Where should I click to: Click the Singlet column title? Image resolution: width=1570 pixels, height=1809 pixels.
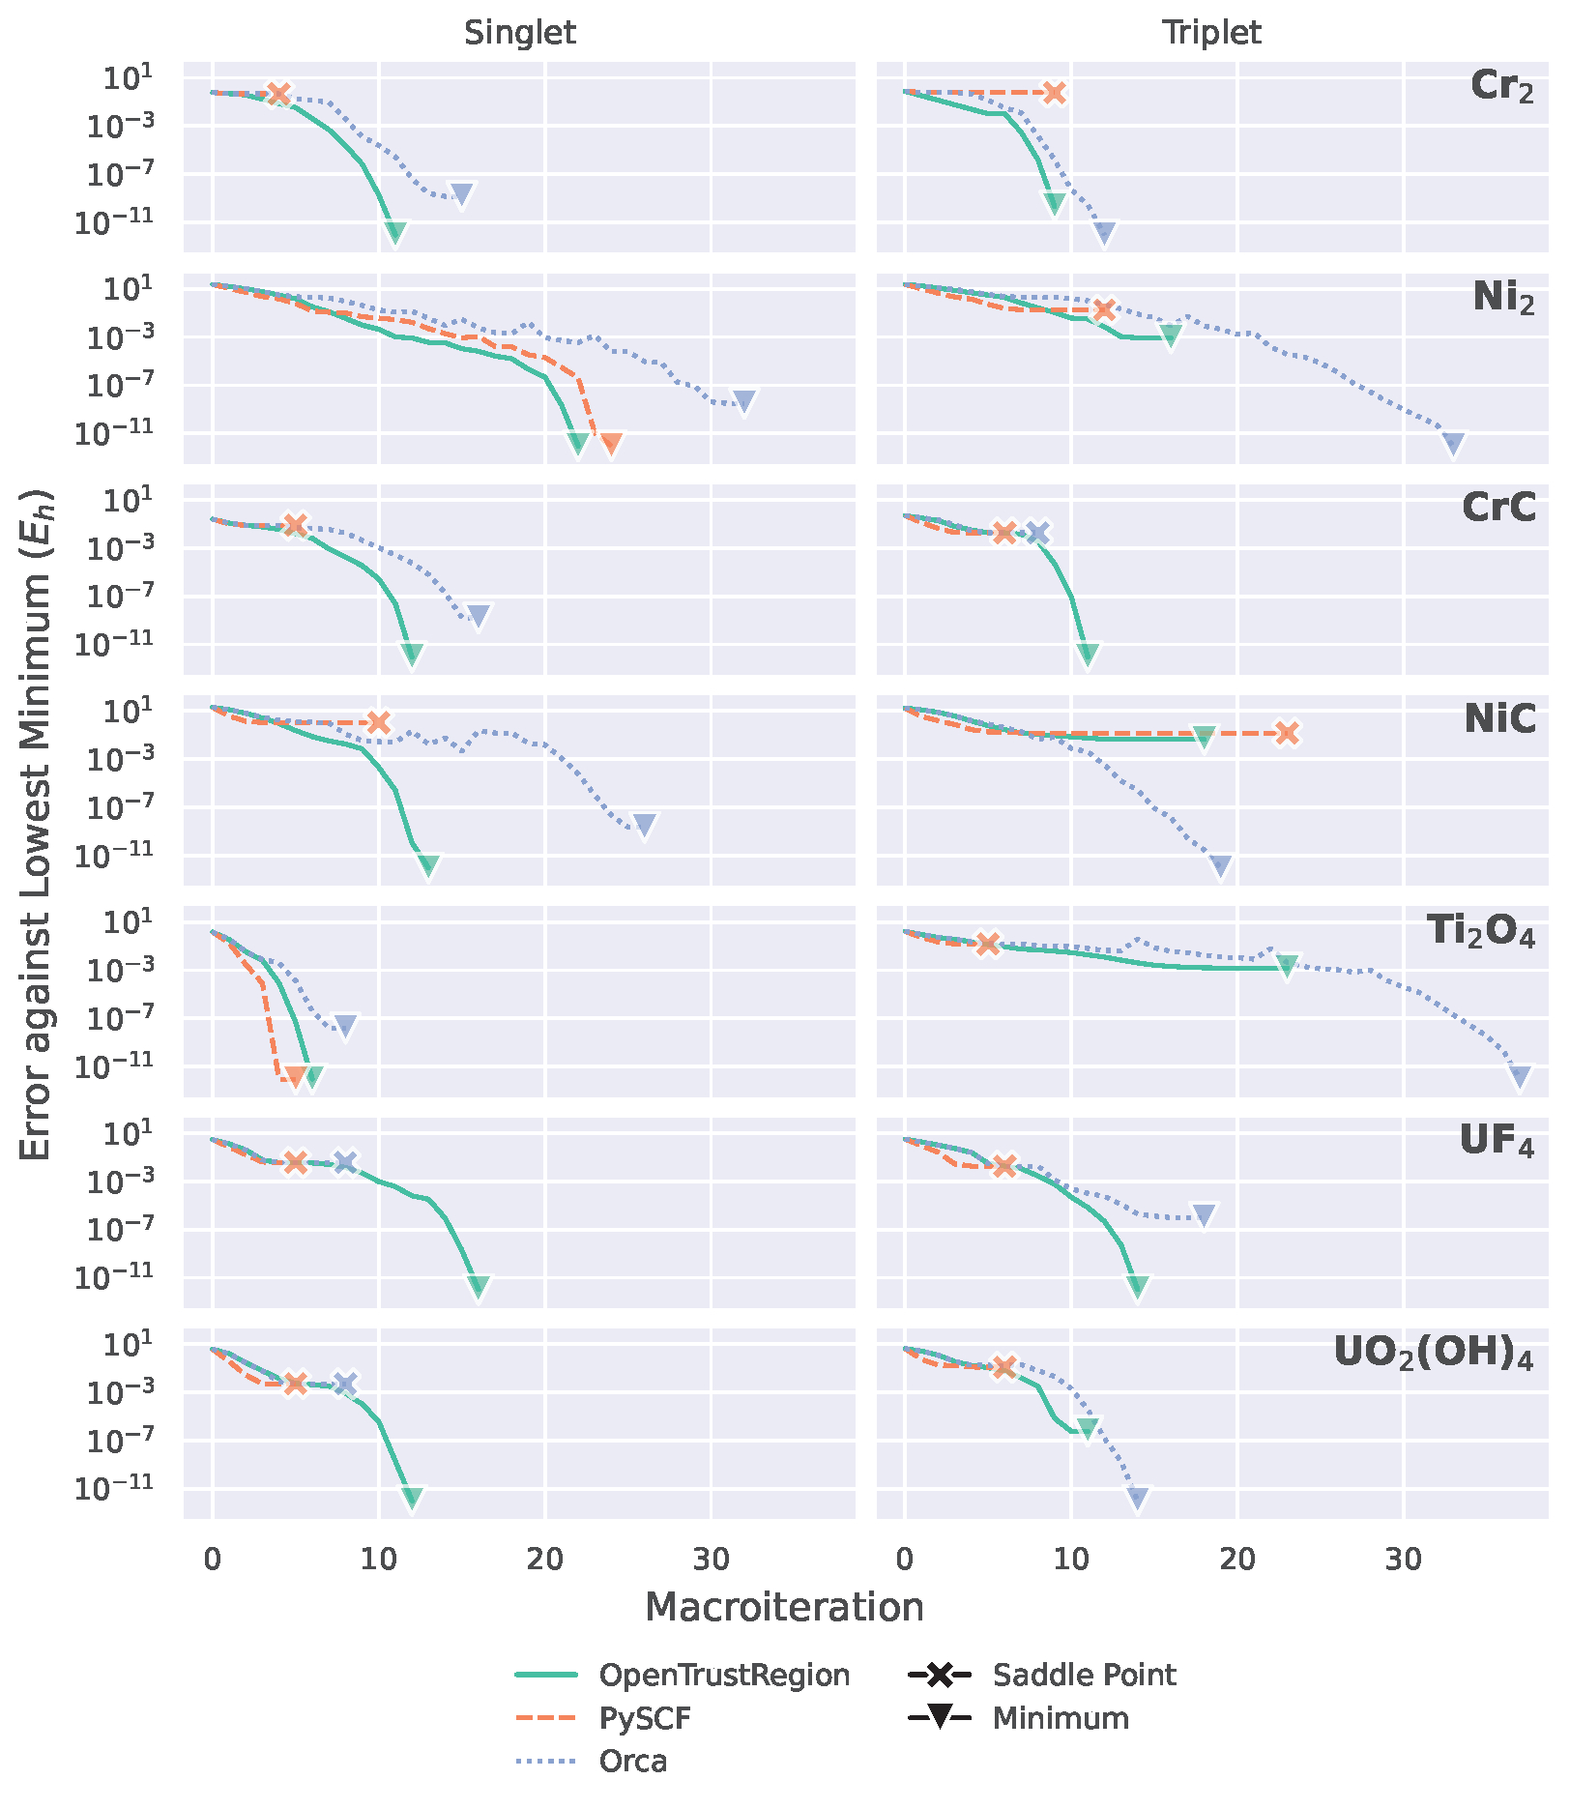(519, 33)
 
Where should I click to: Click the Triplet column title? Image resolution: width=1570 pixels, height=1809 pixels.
(1211, 33)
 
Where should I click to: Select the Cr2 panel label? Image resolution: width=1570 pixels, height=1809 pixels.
(1501, 86)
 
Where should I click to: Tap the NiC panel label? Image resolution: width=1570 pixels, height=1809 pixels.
(1499, 718)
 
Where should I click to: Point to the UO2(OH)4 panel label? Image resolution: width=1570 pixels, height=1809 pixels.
(1433, 1354)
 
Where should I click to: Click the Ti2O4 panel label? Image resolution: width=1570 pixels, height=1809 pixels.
(1480, 931)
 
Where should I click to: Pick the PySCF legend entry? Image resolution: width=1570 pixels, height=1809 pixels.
(645, 1718)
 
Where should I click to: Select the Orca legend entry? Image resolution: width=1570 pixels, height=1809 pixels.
(632, 1761)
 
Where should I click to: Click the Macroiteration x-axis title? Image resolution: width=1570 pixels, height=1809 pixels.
(784, 1607)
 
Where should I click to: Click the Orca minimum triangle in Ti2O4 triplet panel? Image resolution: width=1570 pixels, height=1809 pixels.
(1520, 1077)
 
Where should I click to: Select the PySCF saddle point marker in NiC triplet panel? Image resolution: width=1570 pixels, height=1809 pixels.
(1287, 733)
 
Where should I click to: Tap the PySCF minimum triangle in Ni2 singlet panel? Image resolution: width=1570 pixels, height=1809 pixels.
(611, 444)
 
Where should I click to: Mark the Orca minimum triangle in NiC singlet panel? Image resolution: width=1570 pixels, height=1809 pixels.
(645, 825)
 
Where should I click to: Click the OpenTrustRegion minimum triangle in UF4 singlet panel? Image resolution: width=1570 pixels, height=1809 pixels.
(479, 1286)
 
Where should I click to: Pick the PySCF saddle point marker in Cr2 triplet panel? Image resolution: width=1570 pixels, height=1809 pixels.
(1055, 93)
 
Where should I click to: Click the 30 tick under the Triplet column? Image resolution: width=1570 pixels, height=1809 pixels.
(1404, 1559)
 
